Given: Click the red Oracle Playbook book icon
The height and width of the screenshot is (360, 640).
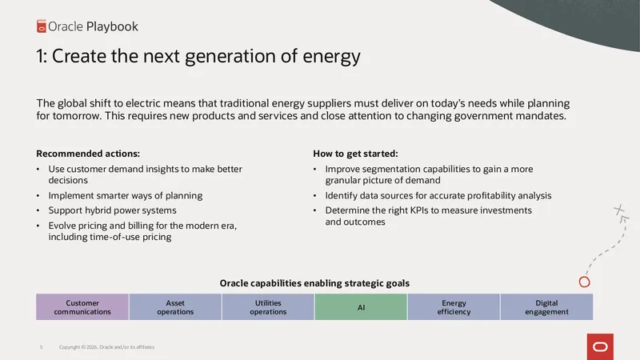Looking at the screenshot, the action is point(42,26).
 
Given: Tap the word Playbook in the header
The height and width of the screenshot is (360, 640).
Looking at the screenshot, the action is point(112,26).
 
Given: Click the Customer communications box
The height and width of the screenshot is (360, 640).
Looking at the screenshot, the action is point(82,307).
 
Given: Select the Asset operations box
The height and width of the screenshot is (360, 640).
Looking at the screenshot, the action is point(175,307).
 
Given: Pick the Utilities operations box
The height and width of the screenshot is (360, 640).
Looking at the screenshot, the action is point(268,307).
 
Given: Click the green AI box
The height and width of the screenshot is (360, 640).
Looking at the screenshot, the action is point(361,307).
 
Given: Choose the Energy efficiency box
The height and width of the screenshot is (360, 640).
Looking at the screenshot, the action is point(454,307).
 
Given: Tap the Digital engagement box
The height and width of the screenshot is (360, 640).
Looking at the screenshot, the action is point(546,307).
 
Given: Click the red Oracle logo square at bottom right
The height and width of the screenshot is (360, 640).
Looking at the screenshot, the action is point(600,346).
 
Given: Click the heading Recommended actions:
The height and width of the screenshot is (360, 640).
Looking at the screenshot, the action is point(88,154).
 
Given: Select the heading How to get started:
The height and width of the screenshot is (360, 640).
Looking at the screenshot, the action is point(355,154).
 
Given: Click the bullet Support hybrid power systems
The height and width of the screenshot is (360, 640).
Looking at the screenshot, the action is point(112,210).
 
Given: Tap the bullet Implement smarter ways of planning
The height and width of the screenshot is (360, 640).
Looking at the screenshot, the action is point(126,195).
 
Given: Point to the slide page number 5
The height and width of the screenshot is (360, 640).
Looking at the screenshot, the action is point(42,347).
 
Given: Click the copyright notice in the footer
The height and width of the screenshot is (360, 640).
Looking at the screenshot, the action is point(106,347).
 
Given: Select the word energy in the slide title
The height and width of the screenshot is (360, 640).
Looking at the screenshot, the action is point(331,57).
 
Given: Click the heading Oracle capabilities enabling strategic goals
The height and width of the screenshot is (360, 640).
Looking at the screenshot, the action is point(314,283).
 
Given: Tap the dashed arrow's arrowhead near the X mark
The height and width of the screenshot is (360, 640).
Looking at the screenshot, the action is point(624,219).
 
